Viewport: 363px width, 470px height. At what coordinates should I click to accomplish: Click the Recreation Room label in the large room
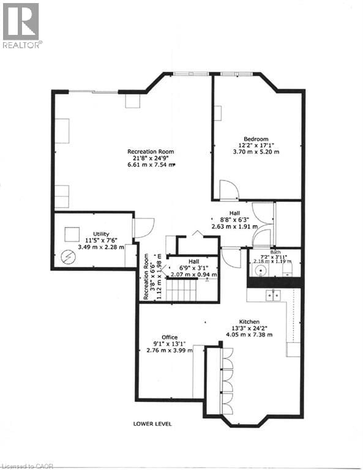coord(151,151)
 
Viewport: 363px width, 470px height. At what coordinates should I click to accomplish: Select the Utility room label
coord(101,234)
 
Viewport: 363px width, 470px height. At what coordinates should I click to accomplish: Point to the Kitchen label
coord(249,322)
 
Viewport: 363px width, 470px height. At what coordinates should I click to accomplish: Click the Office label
coord(170,337)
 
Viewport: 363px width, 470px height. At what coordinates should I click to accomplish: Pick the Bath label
coord(275,252)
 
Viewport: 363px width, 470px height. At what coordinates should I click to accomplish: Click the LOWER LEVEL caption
coord(152,423)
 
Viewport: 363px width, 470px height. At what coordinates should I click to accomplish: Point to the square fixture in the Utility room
coord(72,233)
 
